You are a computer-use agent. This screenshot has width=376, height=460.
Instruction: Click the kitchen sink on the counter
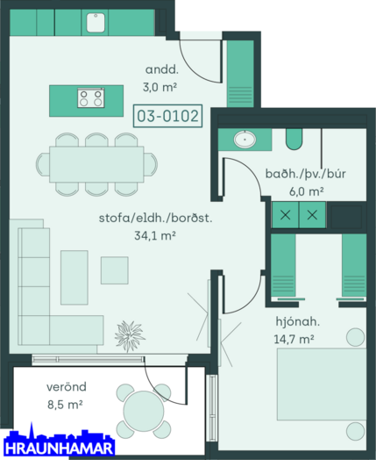pos(96,22)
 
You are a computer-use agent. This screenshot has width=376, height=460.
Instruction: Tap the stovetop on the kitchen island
pos(91,98)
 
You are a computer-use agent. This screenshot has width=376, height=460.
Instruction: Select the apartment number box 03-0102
pos(167,116)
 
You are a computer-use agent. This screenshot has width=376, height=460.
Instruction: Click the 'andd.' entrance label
pos(161,70)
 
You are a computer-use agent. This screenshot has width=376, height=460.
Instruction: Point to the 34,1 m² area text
pos(155,235)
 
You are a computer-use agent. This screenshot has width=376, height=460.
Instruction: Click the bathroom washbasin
pos(245,139)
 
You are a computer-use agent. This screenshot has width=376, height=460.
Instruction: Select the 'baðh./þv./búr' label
pos(305,174)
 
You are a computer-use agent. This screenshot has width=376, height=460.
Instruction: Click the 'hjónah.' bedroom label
pos(297,322)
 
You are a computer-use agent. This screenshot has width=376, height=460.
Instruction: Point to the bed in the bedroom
pos(322,385)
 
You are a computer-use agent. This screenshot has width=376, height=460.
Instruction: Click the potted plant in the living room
pos(130,336)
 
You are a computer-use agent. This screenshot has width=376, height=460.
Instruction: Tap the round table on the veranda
pos(144,411)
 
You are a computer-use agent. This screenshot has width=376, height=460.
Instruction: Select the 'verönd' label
pos(67,387)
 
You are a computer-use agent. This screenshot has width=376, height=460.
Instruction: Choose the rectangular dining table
pos(96,164)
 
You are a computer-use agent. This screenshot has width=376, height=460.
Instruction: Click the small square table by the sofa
pos(115,270)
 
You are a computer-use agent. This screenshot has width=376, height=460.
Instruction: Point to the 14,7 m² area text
pos(294,339)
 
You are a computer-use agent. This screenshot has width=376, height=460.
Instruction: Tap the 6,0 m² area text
pos(306,191)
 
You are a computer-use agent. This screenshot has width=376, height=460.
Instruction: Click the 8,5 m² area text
pos(65,405)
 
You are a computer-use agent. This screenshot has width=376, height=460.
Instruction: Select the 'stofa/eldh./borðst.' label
pos(155,219)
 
